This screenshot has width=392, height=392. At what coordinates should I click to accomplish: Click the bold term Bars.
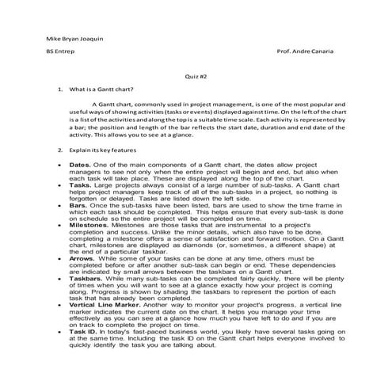coord(79,204)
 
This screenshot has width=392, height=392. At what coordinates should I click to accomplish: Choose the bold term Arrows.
coord(84,257)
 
